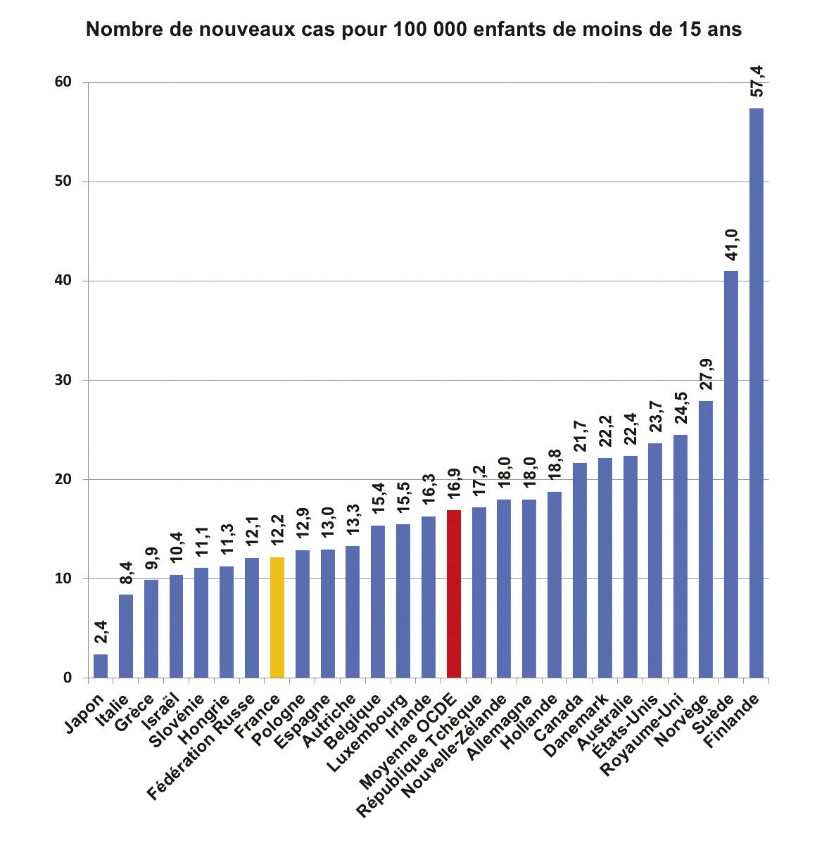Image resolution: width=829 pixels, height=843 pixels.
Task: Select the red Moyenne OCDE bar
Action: coord(454,594)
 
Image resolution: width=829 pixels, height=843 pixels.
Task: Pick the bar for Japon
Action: coord(101,666)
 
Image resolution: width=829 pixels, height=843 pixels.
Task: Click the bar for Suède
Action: coord(731,474)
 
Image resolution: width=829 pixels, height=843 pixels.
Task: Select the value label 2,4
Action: coord(101,630)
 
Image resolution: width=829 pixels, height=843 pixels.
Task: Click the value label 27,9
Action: coord(707,374)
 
